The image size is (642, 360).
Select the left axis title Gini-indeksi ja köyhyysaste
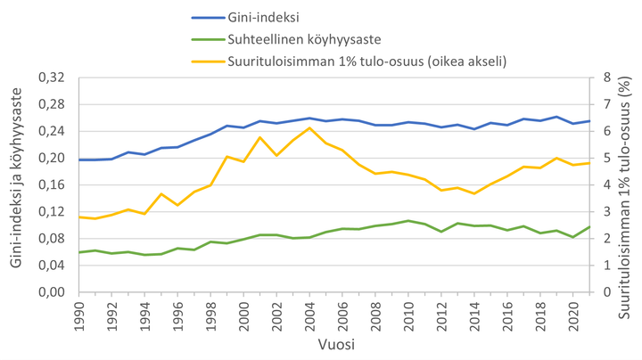16,185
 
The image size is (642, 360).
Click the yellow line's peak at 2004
309,128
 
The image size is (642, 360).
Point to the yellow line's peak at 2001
260,137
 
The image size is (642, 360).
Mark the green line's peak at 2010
407,221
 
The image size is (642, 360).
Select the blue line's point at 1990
80,160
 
